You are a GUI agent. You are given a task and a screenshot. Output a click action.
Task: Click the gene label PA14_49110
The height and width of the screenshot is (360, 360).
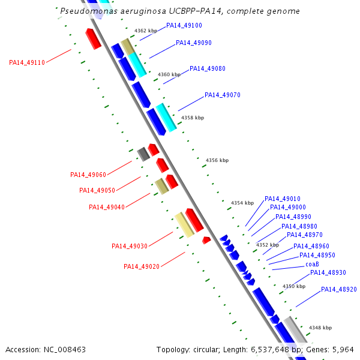pos(27,62)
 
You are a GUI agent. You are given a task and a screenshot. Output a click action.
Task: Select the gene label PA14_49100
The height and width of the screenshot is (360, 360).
pos(184,26)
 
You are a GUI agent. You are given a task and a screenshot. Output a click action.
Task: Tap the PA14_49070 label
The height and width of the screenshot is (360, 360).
pos(223,95)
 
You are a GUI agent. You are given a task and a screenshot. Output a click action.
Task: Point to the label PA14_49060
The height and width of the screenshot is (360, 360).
pos(88,175)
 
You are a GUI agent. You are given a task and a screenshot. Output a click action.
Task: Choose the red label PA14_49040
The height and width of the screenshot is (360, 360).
pos(107,208)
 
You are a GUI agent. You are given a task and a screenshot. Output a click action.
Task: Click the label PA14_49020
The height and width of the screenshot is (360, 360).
pos(142,266)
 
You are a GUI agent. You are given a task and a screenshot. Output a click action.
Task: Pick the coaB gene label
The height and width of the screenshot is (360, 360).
pos(312,264)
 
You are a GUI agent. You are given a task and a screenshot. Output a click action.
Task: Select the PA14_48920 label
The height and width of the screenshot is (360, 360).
pos(339,289)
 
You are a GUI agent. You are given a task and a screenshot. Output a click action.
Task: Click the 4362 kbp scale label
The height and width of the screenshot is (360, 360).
pos(146,31)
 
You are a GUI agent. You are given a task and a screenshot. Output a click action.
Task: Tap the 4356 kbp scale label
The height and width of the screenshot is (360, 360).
pos(217,161)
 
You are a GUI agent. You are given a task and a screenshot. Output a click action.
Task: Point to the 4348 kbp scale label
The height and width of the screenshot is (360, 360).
pos(320,328)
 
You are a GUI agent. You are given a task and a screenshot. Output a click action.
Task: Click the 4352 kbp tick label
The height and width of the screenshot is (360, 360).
pos(268,245)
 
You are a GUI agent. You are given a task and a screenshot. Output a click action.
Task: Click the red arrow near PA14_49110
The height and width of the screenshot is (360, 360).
pos(93,38)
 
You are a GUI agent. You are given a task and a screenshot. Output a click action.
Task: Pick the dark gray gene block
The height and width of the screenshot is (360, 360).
pos(143,154)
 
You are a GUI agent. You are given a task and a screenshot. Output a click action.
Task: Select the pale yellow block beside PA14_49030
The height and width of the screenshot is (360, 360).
pos(184,224)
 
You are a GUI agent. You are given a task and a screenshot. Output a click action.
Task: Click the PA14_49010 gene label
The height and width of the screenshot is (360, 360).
pos(283,199)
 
